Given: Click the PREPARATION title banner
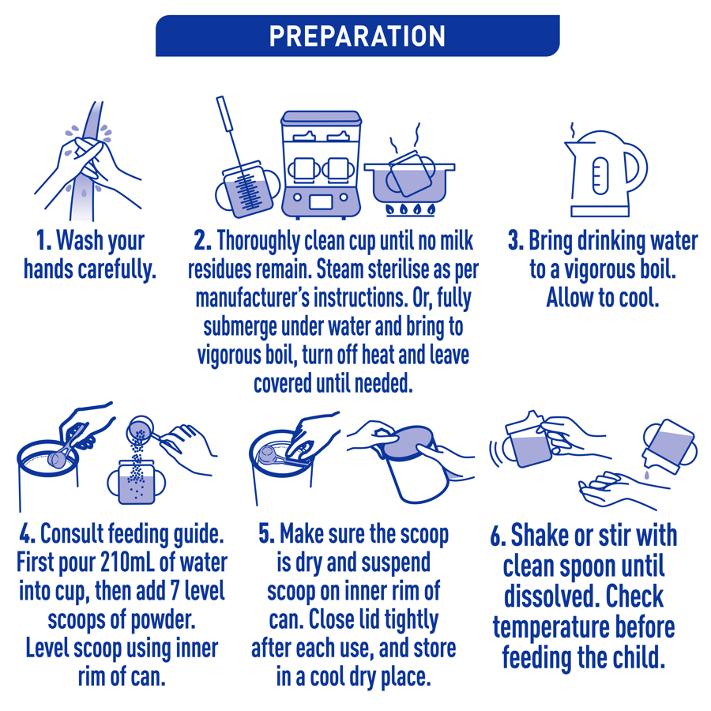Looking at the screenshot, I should [357, 36].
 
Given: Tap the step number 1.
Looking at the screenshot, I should [44, 239].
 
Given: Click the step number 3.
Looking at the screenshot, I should [516, 240].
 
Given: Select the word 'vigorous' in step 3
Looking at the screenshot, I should [589, 269].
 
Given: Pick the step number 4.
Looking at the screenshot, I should [25, 534].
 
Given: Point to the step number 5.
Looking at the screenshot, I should [267, 534].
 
